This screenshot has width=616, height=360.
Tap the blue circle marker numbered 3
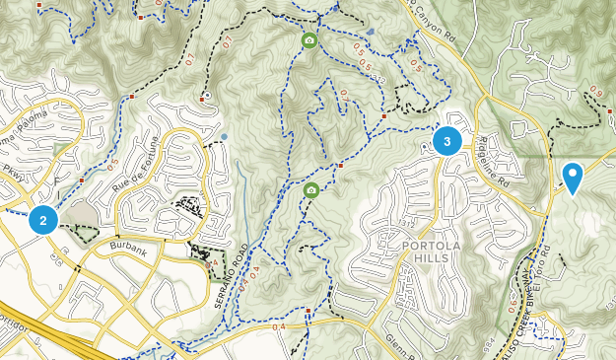tap(447, 142)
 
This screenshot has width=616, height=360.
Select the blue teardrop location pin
tap(572, 178)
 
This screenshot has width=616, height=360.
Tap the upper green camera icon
tap(309, 40)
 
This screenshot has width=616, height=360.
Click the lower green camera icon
tap(311, 190)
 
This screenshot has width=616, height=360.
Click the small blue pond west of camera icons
tap(225, 136)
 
